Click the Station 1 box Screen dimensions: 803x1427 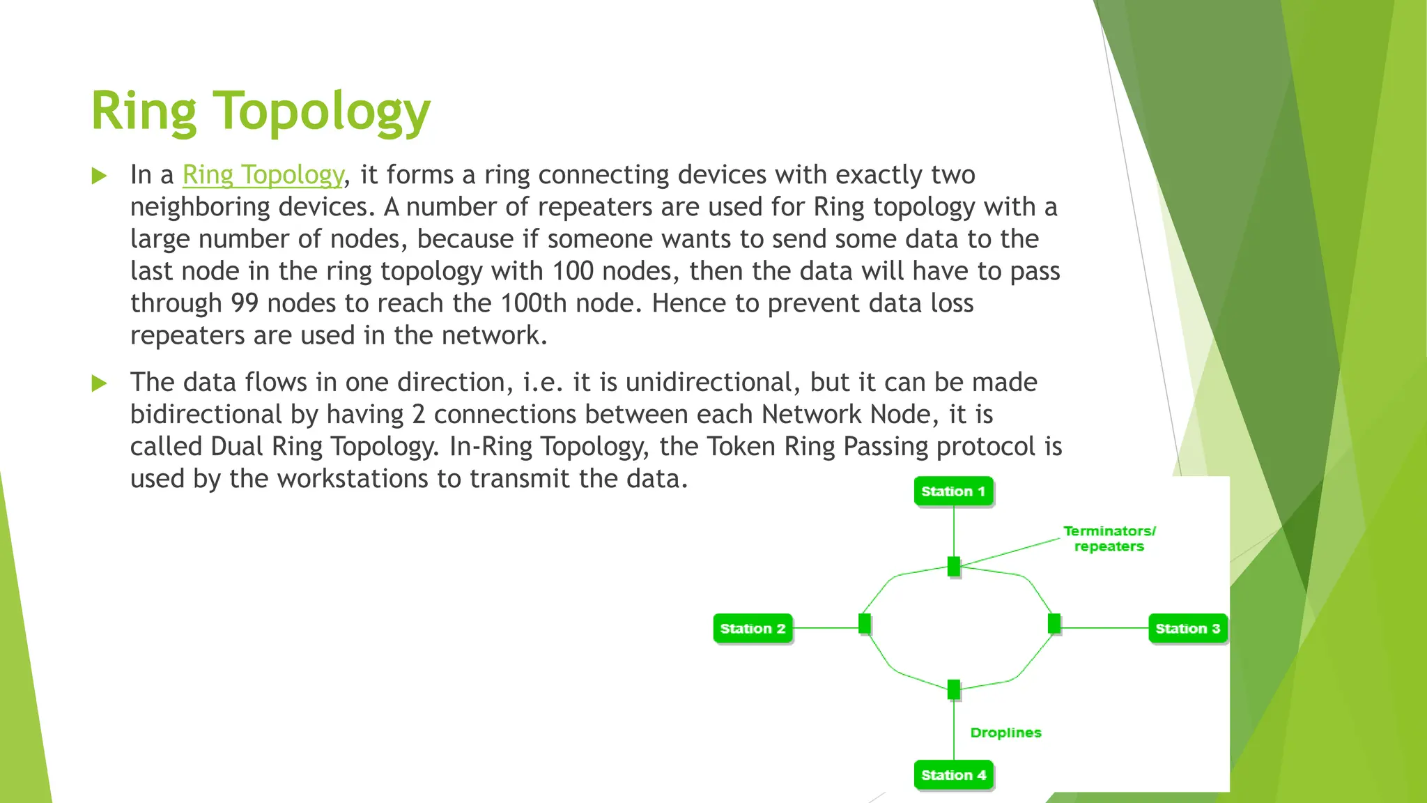tap(952, 491)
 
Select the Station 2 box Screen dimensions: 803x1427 tap(753, 629)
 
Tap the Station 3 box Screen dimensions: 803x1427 tap(1187, 629)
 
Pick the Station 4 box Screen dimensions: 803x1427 tap(952, 775)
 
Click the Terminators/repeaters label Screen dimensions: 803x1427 tap(1109, 539)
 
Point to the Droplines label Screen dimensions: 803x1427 tap(1005, 733)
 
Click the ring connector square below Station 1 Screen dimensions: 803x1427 tap(954, 567)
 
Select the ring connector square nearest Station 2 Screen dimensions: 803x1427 tap(865, 623)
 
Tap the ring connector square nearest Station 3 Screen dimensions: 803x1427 tap(1054, 623)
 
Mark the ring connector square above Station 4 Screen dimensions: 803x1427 tap(954, 689)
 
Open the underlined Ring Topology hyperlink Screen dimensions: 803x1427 tap(263, 175)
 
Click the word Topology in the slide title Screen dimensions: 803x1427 tap(321, 112)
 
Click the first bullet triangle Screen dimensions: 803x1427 tap(99, 176)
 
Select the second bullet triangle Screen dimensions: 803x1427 tap(99, 383)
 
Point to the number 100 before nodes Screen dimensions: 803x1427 tap(573, 271)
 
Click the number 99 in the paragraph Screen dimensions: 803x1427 tap(245, 303)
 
